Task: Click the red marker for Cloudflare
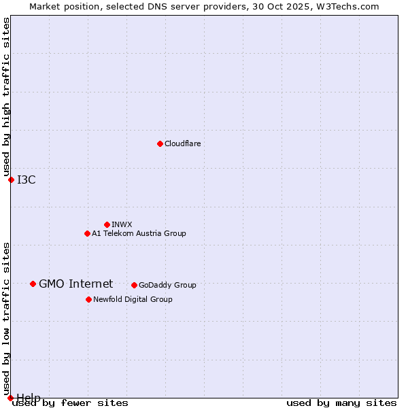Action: [x=160, y=143]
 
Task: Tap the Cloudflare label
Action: [x=182, y=143]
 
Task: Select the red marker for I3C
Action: [x=11, y=180]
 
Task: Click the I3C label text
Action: [x=27, y=180]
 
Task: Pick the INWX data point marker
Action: [x=107, y=224]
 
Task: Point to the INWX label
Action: [x=122, y=224]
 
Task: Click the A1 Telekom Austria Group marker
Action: [x=87, y=233]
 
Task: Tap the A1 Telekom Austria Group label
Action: [x=139, y=233]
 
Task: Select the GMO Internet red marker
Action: [x=33, y=284]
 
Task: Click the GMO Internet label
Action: [x=75, y=284]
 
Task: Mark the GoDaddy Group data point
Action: [x=134, y=285]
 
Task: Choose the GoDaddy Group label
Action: [x=167, y=285]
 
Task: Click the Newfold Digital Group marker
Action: [x=88, y=299]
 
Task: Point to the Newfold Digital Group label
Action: [x=133, y=299]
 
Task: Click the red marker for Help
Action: [x=10, y=398]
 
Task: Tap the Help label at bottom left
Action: [x=29, y=397]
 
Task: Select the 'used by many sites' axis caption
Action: [x=341, y=403]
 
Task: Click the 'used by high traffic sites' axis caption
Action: [x=6, y=97]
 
